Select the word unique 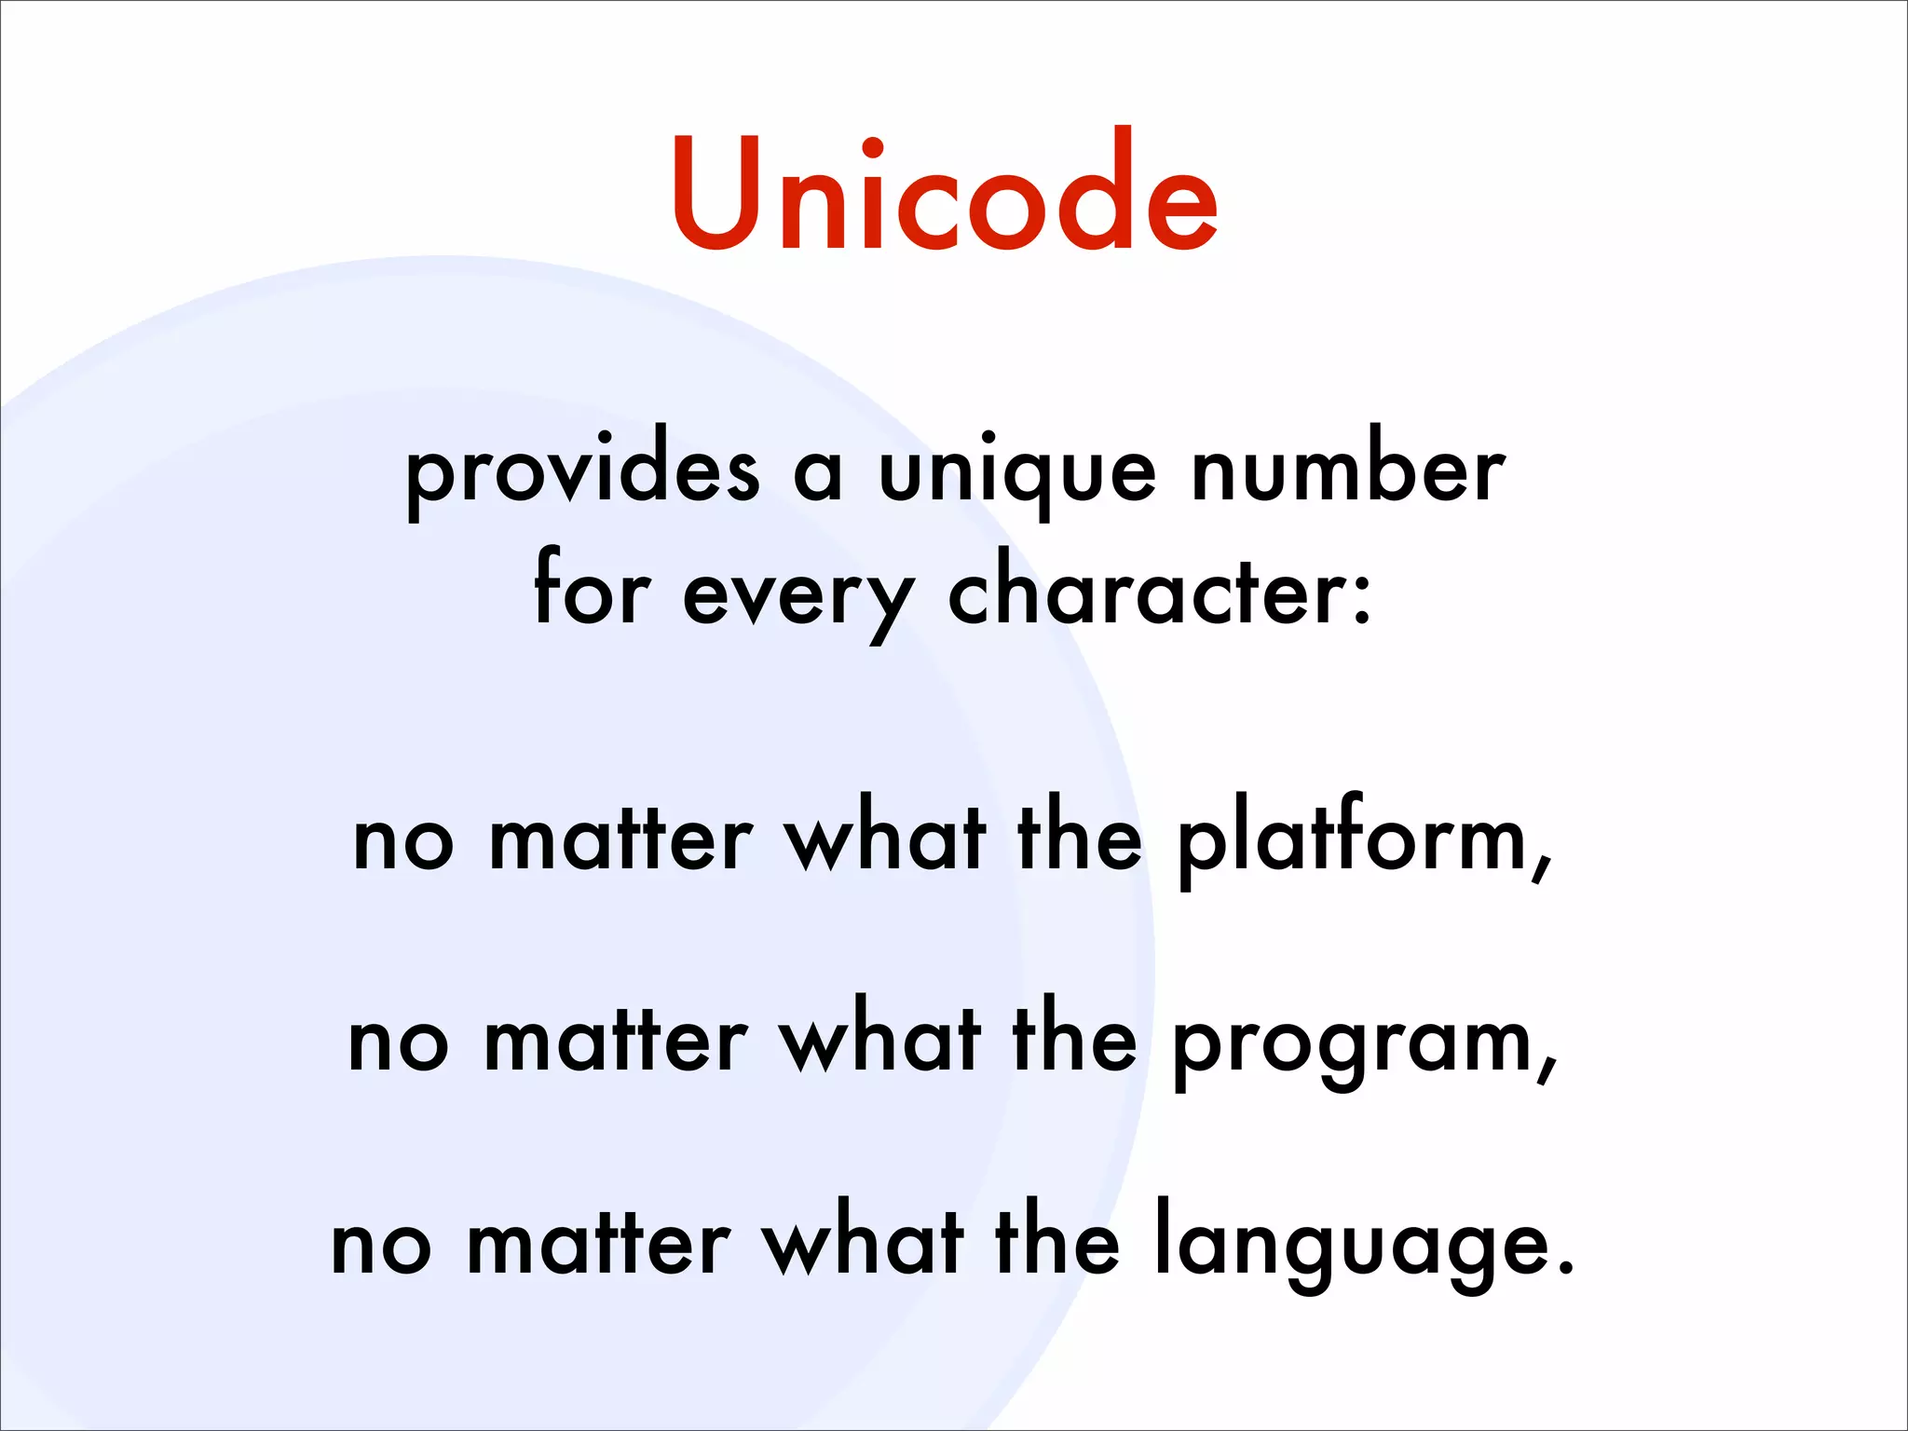(1017, 472)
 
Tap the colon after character (1362, 597)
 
